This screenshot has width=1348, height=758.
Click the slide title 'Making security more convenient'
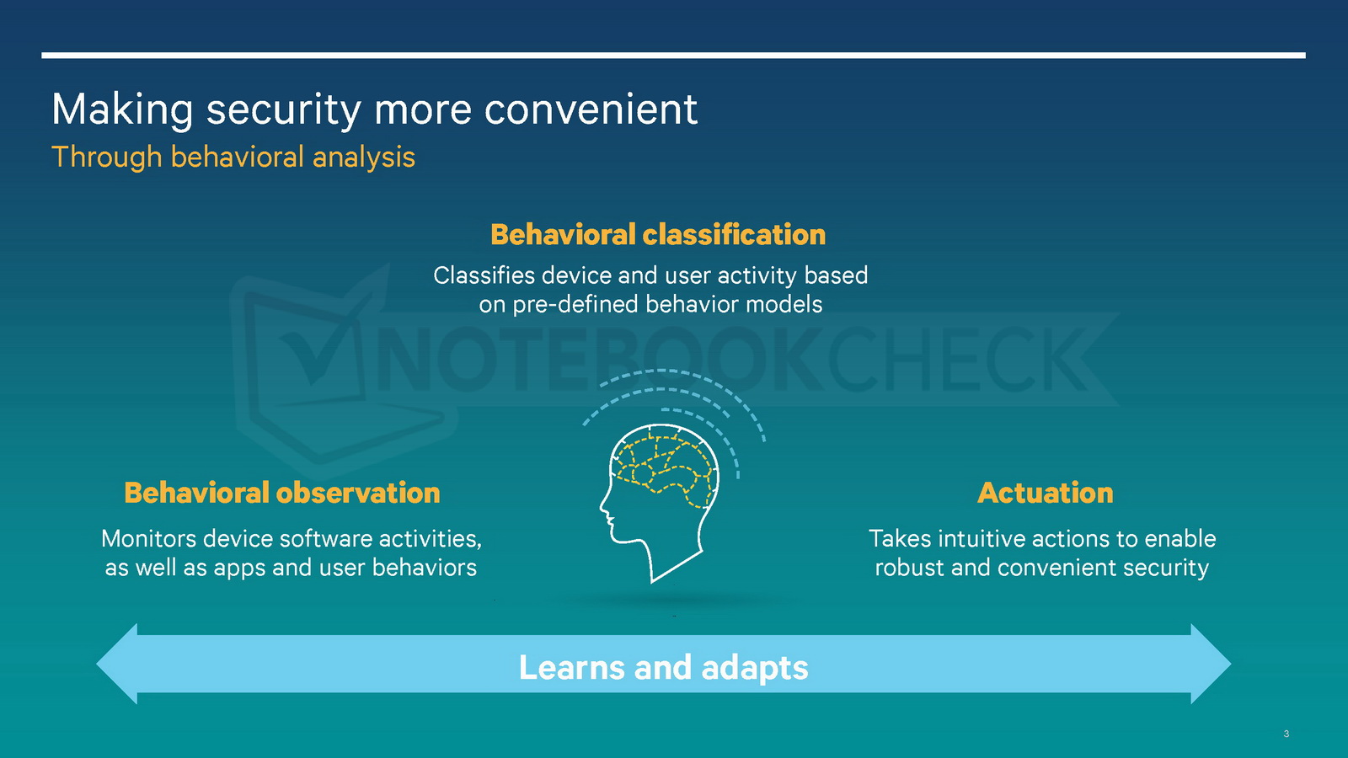coord(374,110)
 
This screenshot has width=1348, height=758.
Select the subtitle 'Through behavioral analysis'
coord(233,157)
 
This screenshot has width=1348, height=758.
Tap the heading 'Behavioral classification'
coord(658,235)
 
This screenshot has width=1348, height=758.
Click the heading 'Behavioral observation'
coord(282,493)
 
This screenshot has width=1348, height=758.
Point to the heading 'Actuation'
coord(1046,493)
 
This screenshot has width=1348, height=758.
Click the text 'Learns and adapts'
coord(663,667)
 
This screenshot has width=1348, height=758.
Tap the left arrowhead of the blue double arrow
coord(117,664)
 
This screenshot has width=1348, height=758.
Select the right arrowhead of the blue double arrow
coord(1211,664)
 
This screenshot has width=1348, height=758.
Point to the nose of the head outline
coord(602,507)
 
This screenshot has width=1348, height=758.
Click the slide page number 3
coord(1286,734)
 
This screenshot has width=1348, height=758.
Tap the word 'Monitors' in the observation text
coord(148,538)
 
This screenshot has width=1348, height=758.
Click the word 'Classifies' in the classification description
coord(484,275)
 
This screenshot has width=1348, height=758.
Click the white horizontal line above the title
coord(673,56)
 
